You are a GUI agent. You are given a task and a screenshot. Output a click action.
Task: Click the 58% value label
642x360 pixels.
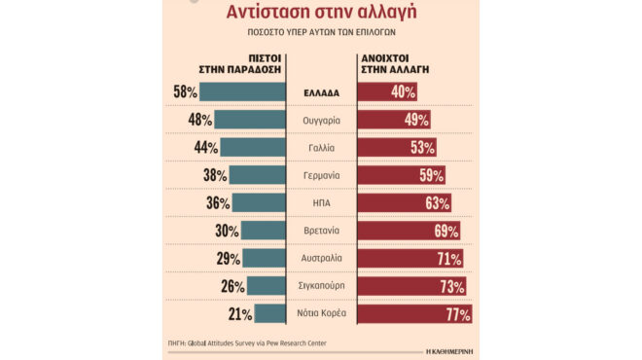coord(184,92)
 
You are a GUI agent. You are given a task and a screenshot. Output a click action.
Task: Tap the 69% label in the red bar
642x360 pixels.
coord(445,232)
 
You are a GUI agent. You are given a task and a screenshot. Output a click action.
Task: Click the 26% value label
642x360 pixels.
coord(232,287)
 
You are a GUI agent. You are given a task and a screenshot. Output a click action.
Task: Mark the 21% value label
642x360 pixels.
coord(239,314)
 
